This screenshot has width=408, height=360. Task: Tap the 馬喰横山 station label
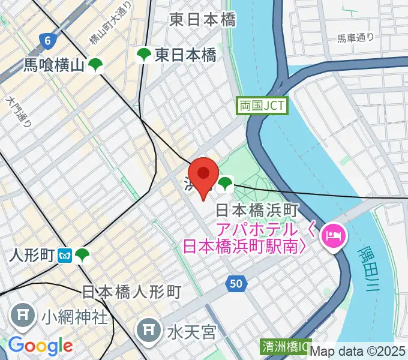(54, 65)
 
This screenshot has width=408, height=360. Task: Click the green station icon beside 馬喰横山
(95, 65)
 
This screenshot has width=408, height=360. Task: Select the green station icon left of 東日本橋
(144, 56)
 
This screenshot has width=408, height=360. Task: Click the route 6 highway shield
(47, 41)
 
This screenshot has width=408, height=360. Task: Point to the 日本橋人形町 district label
(131, 292)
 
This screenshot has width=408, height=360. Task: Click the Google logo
(40, 346)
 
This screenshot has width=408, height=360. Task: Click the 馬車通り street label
(355, 38)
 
